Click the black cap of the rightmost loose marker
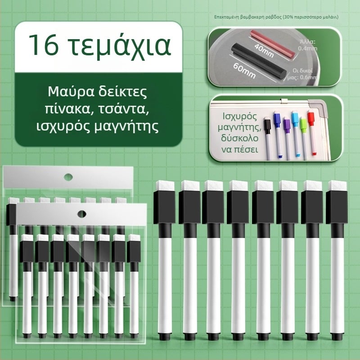click(x=336, y=207)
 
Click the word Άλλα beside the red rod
click(x=307, y=41)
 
